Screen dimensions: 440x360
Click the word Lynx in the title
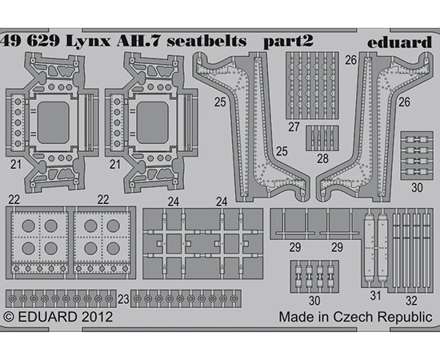(x=88, y=42)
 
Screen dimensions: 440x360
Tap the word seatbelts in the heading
(x=207, y=42)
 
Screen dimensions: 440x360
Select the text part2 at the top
(x=288, y=42)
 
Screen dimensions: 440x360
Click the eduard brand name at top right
(x=399, y=42)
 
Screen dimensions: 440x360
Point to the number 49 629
(x=30, y=42)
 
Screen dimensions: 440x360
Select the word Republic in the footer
(x=405, y=318)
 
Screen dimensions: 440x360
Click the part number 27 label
(x=294, y=127)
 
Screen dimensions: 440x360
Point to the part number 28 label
(x=322, y=159)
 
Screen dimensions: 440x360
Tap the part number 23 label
(x=123, y=299)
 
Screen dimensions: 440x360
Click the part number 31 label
(x=375, y=296)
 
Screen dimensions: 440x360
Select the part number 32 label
(x=411, y=301)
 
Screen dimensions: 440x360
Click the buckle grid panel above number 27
(x=312, y=86)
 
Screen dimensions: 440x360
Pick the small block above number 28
(x=322, y=138)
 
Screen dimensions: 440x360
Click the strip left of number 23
(x=61, y=298)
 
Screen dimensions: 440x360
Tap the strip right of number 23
(x=186, y=298)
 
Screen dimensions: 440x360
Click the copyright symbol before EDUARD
(x=9, y=317)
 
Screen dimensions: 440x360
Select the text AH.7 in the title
(x=138, y=42)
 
